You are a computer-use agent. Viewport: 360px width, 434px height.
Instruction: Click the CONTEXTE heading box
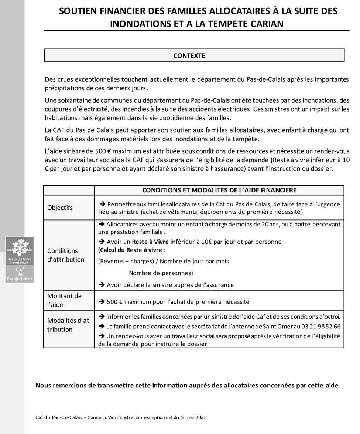(x=194, y=55)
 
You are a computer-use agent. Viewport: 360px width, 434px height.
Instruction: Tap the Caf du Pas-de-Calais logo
(x=20, y=260)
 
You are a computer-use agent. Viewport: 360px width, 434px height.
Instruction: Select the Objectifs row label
(x=60, y=208)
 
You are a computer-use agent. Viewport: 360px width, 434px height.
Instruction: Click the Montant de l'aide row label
(x=64, y=300)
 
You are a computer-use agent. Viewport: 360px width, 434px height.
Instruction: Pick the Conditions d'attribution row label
(x=65, y=255)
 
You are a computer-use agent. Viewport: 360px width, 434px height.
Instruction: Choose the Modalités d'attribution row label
(x=69, y=325)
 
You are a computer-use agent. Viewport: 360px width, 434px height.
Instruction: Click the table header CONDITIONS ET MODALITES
(x=219, y=190)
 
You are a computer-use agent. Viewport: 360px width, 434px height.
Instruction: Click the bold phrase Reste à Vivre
(x=150, y=242)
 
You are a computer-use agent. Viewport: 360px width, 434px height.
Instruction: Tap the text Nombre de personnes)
(x=161, y=273)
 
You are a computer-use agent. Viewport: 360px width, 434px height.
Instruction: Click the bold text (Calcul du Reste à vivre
(x=130, y=250)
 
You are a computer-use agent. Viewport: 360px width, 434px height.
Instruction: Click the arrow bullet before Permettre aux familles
(x=103, y=204)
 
